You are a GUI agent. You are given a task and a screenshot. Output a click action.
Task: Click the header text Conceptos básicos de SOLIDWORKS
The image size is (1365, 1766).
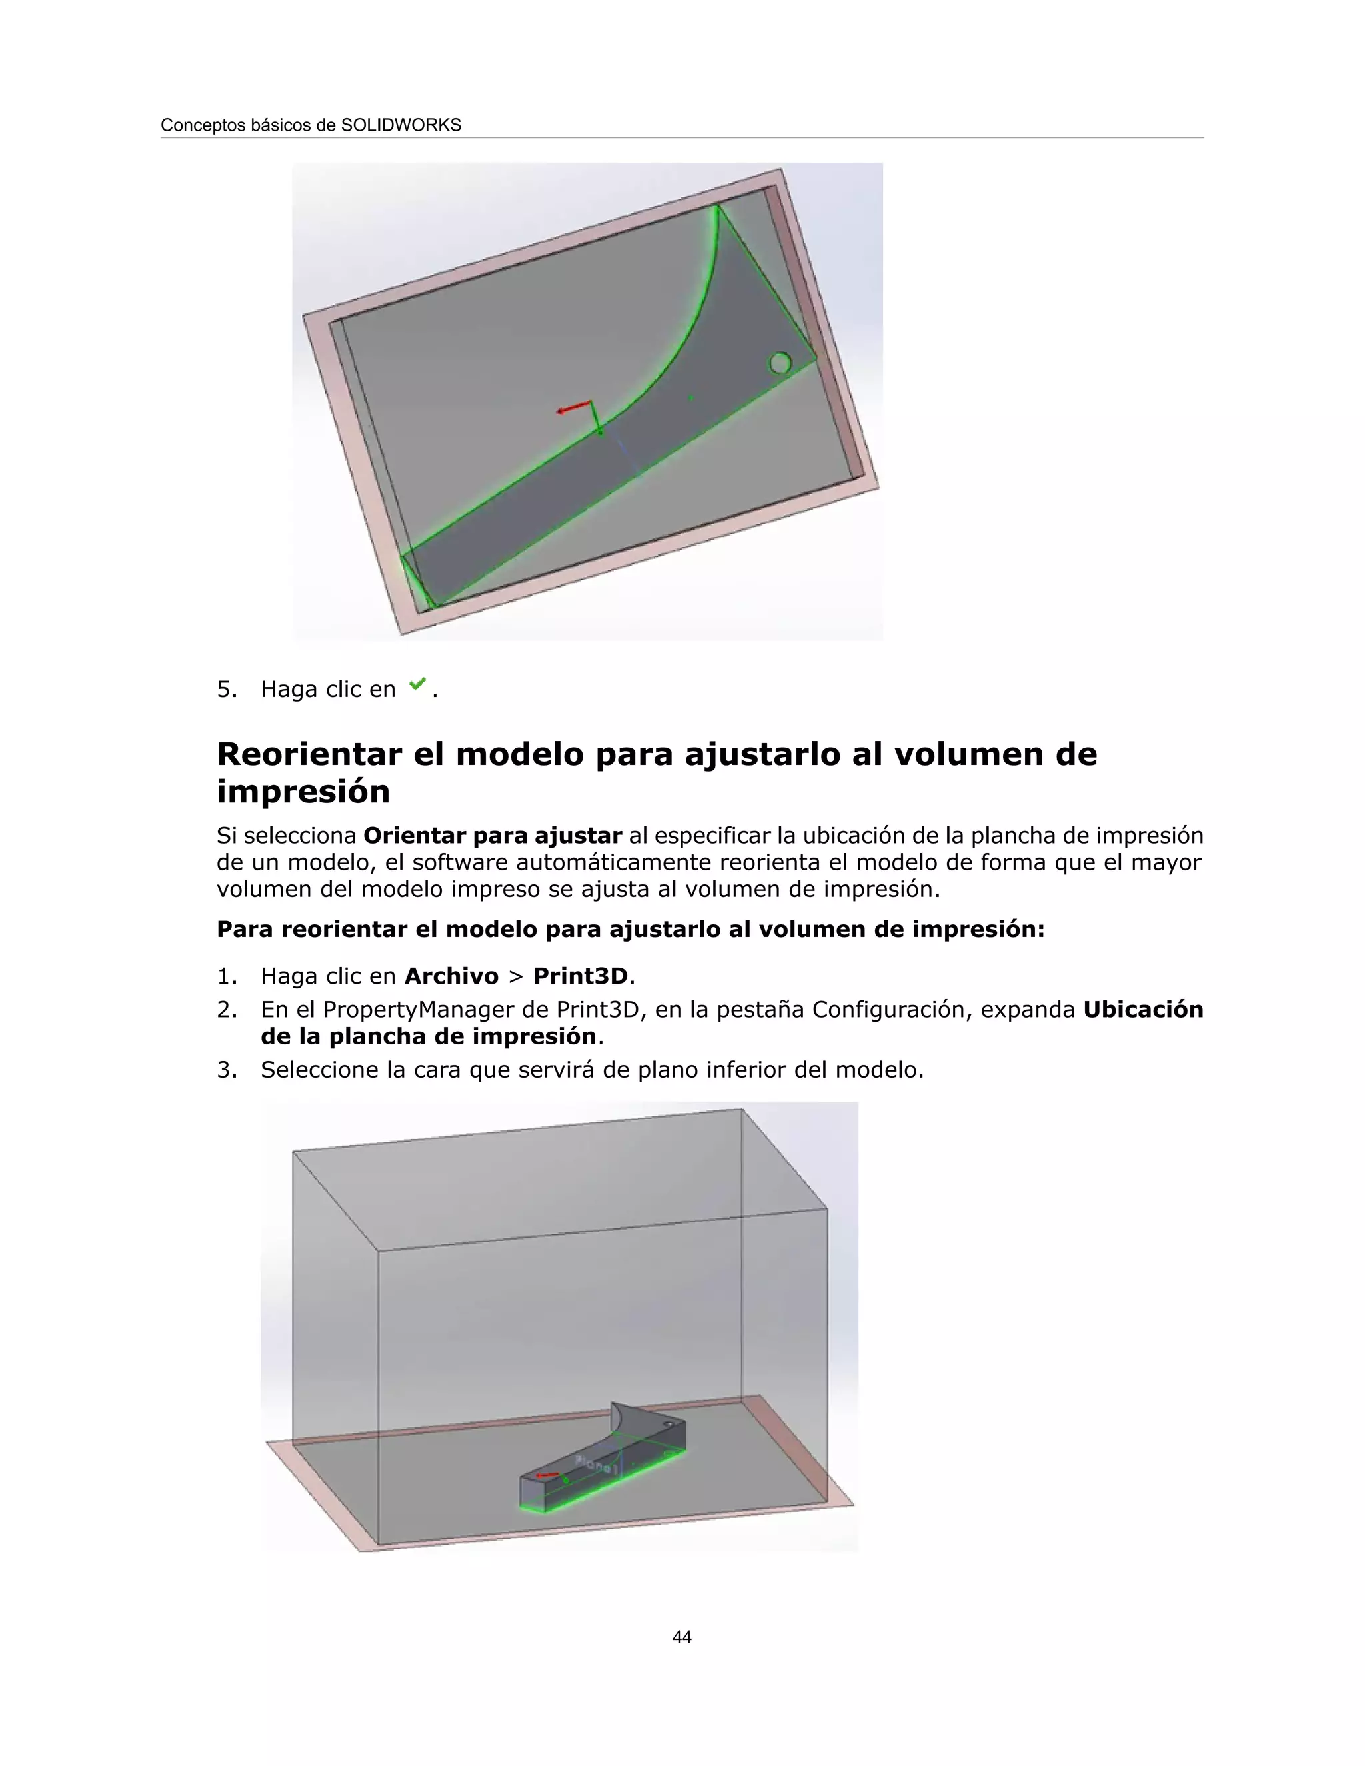coord(311,125)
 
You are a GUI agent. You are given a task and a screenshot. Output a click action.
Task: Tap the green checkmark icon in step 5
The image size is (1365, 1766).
coord(417,685)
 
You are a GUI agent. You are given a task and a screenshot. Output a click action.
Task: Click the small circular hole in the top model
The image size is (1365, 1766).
coord(780,363)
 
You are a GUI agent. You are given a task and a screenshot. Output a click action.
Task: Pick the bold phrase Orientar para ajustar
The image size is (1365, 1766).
coord(493,835)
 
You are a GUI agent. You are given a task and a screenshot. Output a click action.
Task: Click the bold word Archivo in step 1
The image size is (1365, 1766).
coord(451,976)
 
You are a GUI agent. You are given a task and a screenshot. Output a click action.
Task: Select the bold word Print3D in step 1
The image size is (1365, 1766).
coord(580,976)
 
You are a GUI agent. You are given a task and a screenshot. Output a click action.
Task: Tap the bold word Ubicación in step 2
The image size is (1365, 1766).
coord(1142,1009)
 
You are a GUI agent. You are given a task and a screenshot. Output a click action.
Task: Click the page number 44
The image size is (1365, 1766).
coord(682,1637)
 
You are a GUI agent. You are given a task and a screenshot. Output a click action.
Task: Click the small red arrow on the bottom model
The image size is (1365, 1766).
coord(546,1475)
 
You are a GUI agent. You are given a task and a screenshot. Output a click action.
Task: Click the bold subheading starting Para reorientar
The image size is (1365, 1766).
coord(630,929)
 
